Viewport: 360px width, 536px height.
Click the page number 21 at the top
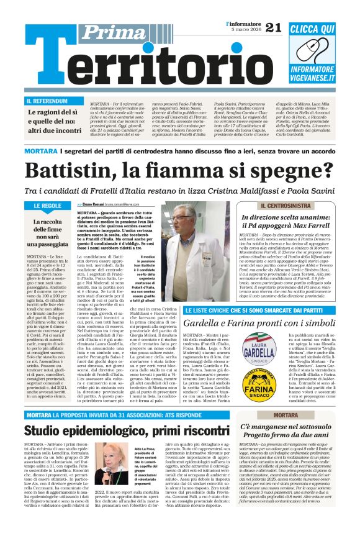coord(272,27)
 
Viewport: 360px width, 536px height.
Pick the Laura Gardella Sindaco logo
coord(258,351)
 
